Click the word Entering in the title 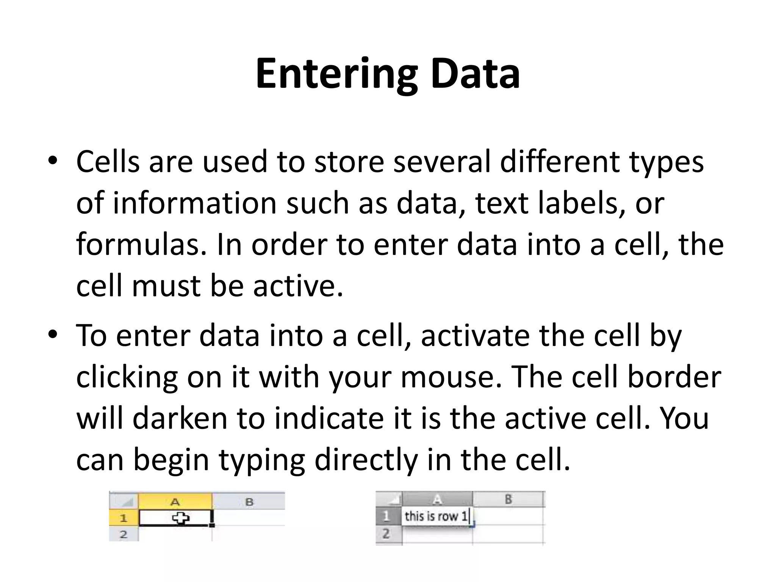coord(336,74)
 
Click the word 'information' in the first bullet coord(194,203)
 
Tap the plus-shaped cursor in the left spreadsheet coord(181,518)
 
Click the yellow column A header coord(175,502)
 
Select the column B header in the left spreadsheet coord(249,502)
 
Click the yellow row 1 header coord(124,518)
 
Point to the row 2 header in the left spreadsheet coord(124,534)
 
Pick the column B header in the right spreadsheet coord(508,499)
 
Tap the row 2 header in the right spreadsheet coord(386,534)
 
